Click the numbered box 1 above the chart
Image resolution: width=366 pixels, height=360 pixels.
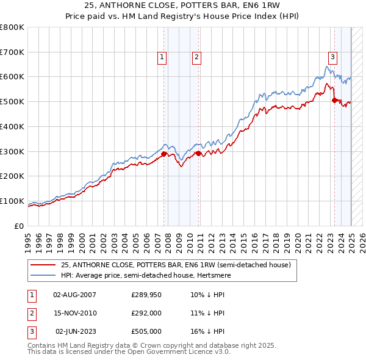click(162, 57)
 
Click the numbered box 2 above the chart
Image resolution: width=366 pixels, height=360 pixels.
click(197, 57)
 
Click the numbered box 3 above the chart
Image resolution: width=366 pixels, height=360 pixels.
click(333, 57)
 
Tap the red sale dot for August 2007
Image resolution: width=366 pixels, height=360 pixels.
click(163, 154)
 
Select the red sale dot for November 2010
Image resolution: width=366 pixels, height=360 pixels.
click(198, 153)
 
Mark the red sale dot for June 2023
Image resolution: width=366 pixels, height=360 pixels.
click(334, 100)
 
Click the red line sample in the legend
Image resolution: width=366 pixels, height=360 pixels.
click(43, 265)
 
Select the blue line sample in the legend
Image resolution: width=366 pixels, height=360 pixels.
click(43, 275)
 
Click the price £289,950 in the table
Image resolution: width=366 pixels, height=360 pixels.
click(147, 295)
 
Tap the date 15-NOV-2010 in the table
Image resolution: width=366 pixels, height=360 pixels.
click(76, 313)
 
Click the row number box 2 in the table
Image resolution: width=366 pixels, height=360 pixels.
click(31, 313)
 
